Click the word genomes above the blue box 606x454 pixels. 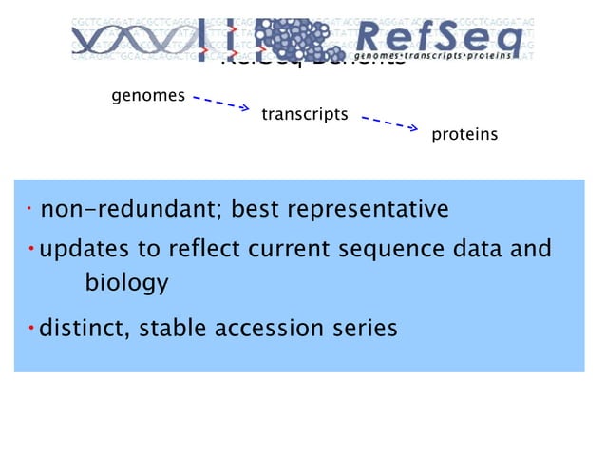148,96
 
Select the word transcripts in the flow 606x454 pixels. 304,115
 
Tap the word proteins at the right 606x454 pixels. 464,135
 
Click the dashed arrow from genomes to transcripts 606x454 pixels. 220,102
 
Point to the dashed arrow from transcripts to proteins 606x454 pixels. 389,123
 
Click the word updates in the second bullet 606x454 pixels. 82,250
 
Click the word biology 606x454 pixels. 126,283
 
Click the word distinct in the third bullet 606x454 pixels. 82,329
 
